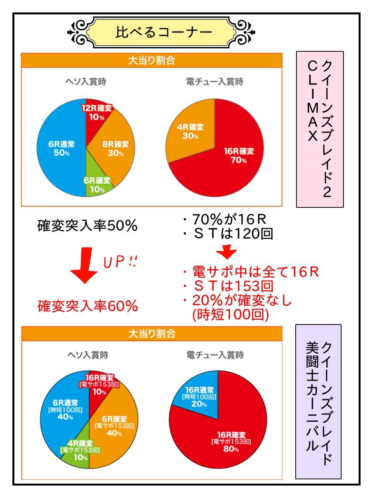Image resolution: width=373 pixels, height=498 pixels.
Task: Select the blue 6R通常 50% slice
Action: [61, 148]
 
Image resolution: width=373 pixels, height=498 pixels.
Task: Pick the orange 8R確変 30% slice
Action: [115, 148]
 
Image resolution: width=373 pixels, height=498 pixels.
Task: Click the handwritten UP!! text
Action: [120, 262]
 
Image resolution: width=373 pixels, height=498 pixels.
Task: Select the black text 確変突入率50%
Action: [87, 226]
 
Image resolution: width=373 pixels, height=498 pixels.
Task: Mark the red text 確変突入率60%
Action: [88, 306]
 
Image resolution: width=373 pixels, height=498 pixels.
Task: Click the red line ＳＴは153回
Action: [229, 286]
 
